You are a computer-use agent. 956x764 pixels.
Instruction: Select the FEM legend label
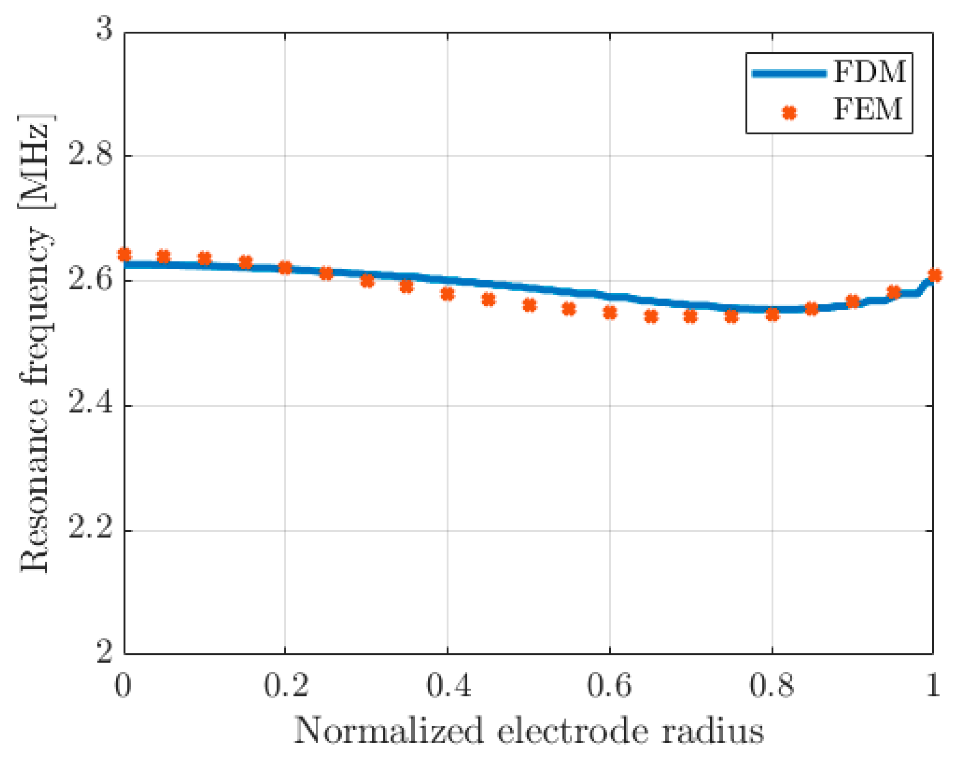point(868,109)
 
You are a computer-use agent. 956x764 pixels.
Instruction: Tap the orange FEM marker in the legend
point(789,113)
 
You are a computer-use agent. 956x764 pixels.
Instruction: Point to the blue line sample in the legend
point(789,74)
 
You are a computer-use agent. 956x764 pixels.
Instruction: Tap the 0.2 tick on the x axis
point(286,686)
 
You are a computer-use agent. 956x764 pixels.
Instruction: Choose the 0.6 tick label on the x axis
point(609,686)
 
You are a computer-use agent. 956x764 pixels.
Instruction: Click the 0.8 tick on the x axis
point(772,686)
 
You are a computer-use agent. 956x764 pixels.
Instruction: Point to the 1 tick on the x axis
point(933,686)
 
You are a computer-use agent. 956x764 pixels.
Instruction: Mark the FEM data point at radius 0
point(125,255)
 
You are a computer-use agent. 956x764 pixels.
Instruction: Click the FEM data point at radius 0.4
point(448,294)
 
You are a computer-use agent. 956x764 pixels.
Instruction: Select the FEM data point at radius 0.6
point(610,313)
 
